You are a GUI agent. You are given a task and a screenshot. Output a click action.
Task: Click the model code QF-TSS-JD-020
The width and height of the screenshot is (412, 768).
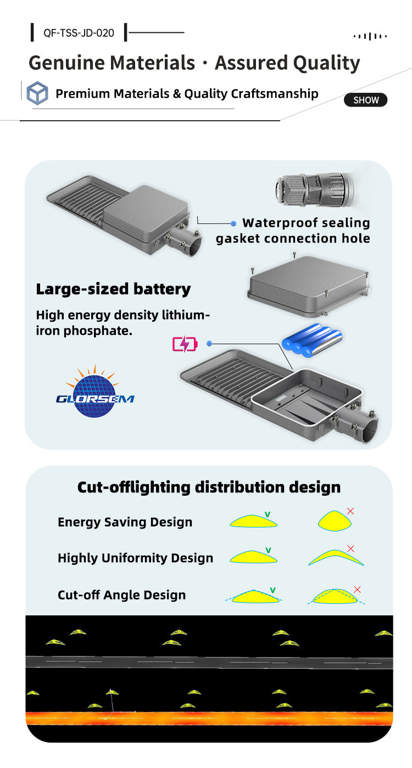coord(79,33)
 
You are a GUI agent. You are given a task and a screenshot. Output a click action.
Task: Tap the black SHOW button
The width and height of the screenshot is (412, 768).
coord(366,100)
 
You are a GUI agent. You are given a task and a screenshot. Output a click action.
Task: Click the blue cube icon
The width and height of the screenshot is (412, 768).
coord(37,93)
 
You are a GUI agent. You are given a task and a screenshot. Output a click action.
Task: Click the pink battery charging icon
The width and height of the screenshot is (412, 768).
coord(185,344)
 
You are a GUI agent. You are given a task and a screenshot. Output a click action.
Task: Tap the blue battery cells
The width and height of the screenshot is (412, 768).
coord(312,340)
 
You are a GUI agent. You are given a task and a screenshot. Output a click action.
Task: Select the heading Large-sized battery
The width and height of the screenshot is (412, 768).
coord(113,289)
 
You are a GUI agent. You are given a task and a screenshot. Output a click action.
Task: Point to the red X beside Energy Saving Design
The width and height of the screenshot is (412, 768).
coord(350,511)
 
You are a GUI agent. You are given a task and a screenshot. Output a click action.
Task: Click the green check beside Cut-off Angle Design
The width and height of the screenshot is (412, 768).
coord(272,590)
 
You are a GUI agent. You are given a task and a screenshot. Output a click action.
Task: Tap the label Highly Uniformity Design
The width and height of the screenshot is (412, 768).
coord(135,558)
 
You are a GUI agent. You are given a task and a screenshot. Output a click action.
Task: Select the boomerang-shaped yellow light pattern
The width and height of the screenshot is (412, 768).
coord(336,557)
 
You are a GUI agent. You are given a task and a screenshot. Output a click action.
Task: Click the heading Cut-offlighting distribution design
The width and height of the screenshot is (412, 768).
coord(209,487)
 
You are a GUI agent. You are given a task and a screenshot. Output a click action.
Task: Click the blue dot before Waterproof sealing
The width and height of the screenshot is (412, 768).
coord(233,223)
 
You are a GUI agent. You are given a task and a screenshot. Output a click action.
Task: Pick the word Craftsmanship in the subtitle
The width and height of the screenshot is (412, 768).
coord(275,94)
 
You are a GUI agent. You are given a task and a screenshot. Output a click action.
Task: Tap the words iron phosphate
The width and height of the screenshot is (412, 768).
coord(84,331)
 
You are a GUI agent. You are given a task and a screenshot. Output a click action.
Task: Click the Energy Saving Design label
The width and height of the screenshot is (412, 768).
coord(125,522)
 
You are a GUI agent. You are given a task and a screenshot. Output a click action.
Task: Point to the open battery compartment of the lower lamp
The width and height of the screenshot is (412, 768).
coord(307,397)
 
